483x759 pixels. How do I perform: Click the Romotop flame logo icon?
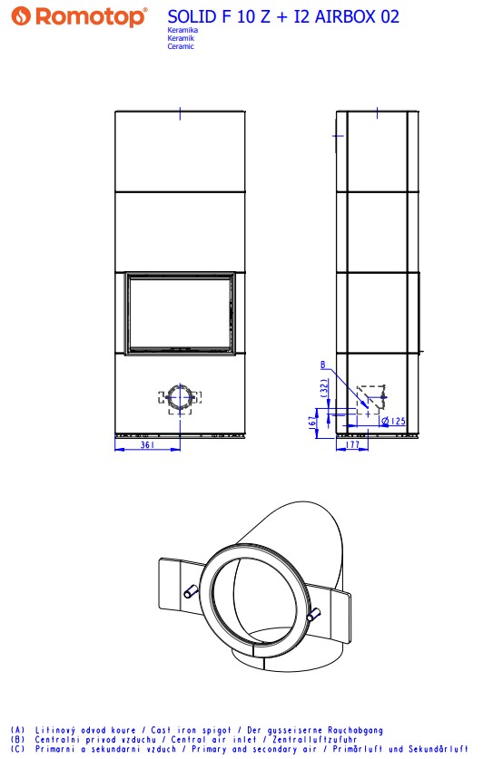point(21,16)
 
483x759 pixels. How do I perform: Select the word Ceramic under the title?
point(181,46)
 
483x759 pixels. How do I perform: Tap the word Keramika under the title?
point(182,30)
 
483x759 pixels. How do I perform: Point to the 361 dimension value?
point(147,444)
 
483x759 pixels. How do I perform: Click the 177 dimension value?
point(352,444)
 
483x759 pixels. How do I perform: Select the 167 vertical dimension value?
point(312,422)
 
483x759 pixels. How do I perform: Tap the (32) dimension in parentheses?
point(324,388)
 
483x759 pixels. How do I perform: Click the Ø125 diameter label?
point(393,421)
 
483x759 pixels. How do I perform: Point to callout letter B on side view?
point(323,365)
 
